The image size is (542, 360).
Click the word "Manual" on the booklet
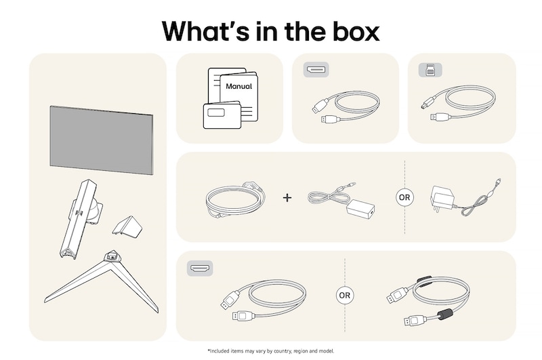(x=238, y=87)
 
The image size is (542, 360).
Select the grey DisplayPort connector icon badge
(x=316, y=70)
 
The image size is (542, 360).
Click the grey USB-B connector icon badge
(x=428, y=69)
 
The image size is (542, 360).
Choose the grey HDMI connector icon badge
(x=199, y=269)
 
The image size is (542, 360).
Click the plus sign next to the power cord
(x=287, y=197)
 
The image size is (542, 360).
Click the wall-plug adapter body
(x=441, y=199)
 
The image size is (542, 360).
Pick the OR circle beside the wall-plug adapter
(x=404, y=197)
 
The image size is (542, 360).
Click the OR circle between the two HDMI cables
(x=345, y=296)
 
